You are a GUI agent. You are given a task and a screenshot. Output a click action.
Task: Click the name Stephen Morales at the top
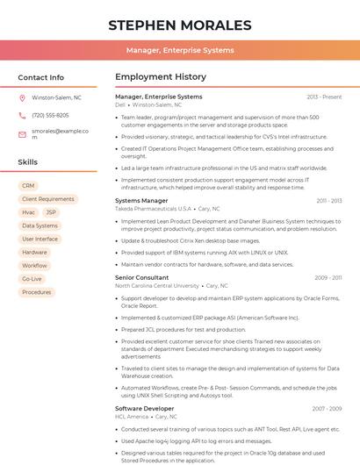179,25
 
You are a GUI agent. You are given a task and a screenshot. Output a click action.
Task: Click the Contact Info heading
40,77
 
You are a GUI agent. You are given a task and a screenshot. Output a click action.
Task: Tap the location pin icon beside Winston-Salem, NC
22,98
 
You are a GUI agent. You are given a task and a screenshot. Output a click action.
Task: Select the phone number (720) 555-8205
50,115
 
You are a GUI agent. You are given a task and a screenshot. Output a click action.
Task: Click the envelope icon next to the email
22,133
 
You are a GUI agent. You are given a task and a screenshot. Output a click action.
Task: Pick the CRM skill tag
28,186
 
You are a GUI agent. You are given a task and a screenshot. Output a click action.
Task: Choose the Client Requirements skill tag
47,199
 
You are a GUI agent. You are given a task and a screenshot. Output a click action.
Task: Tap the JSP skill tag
51,212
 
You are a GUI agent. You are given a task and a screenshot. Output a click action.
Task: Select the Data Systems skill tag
40,225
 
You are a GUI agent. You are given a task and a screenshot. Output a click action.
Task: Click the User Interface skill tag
40,239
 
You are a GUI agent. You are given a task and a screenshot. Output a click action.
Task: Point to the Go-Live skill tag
32,279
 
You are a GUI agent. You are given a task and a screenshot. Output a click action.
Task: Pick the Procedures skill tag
36,292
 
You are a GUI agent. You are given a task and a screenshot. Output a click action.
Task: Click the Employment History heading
160,77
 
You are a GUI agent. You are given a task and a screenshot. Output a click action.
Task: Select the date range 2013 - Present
324,97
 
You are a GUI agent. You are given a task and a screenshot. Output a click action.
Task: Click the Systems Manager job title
141,201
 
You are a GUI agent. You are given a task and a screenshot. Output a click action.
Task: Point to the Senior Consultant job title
141,277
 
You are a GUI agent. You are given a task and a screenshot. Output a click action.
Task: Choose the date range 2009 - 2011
328,277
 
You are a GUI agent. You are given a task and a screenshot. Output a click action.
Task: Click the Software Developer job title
144,408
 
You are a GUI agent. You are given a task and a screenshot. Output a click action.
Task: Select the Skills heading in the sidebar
28,162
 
